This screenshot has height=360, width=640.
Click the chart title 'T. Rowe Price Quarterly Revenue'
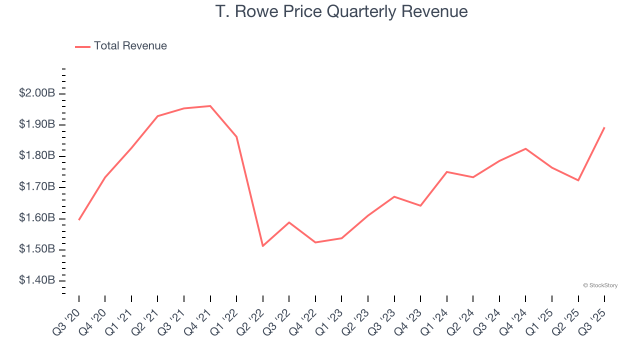[x=341, y=11]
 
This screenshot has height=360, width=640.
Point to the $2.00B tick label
[x=36, y=93]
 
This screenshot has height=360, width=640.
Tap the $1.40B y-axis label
[x=36, y=280]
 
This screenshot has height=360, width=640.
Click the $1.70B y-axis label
[x=36, y=187]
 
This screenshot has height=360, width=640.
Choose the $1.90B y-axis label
[x=36, y=124]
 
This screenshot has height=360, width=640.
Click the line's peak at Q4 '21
[x=210, y=106]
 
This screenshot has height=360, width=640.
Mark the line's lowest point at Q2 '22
[x=262, y=246]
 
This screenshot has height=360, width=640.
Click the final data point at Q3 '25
[x=604, y=127]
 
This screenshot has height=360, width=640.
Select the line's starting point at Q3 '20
[x=79, y=219]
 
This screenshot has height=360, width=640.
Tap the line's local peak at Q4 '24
[x=525, y=148]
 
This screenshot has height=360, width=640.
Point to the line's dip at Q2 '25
[x=578, y=180]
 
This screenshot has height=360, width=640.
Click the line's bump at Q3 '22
[x=289, y=222]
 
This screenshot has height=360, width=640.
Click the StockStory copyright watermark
[x=600, y=285]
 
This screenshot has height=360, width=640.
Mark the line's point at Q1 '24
[x=446, y=172]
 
